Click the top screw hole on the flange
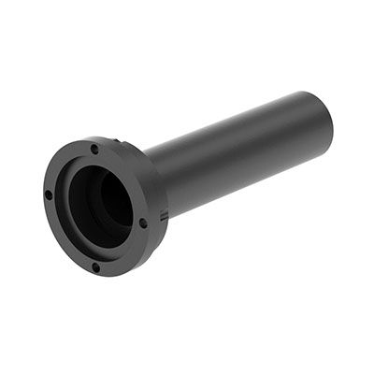[94, 149]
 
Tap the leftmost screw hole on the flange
[49, 195]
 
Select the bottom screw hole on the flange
[96, 267]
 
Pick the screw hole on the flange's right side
[143, 223]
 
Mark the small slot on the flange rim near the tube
[164, 216]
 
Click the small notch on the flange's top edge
[119, 141]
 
